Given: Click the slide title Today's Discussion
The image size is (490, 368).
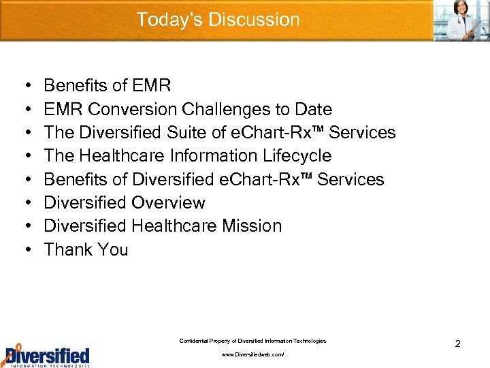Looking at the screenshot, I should click(218, 20).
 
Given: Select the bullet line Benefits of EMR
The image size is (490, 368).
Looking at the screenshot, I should click(107, 86).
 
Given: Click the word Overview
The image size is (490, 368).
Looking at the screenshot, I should click(169, 203).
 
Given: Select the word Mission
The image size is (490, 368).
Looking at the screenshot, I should click(252, 226).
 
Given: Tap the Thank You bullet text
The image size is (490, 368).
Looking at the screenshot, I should click(86, 250).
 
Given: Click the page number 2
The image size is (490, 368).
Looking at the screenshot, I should click(457, 344).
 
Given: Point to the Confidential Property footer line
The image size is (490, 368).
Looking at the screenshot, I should click(252, 341).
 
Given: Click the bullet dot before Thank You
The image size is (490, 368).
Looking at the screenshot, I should click(25, 250).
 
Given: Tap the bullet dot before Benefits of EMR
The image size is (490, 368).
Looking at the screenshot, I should click(25, 86).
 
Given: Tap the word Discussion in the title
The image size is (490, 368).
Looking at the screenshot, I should click(254, 20).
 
